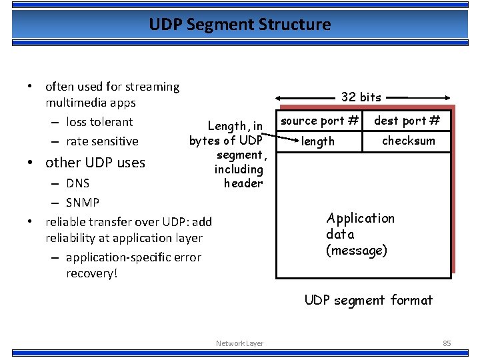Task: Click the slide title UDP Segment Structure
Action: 240,25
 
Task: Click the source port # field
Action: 319,121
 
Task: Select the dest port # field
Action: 407,121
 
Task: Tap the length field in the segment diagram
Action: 318,141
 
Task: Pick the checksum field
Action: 408,141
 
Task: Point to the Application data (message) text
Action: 360,234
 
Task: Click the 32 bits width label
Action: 361,97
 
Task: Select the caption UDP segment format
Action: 368,300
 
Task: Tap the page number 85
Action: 447,343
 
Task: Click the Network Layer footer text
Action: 239,343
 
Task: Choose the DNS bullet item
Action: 78,183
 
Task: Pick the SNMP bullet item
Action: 83,202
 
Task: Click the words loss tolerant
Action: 99,122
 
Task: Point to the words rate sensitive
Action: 102,141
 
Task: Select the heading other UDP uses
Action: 95,163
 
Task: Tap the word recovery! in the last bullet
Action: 91,273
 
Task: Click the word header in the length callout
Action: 243,183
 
